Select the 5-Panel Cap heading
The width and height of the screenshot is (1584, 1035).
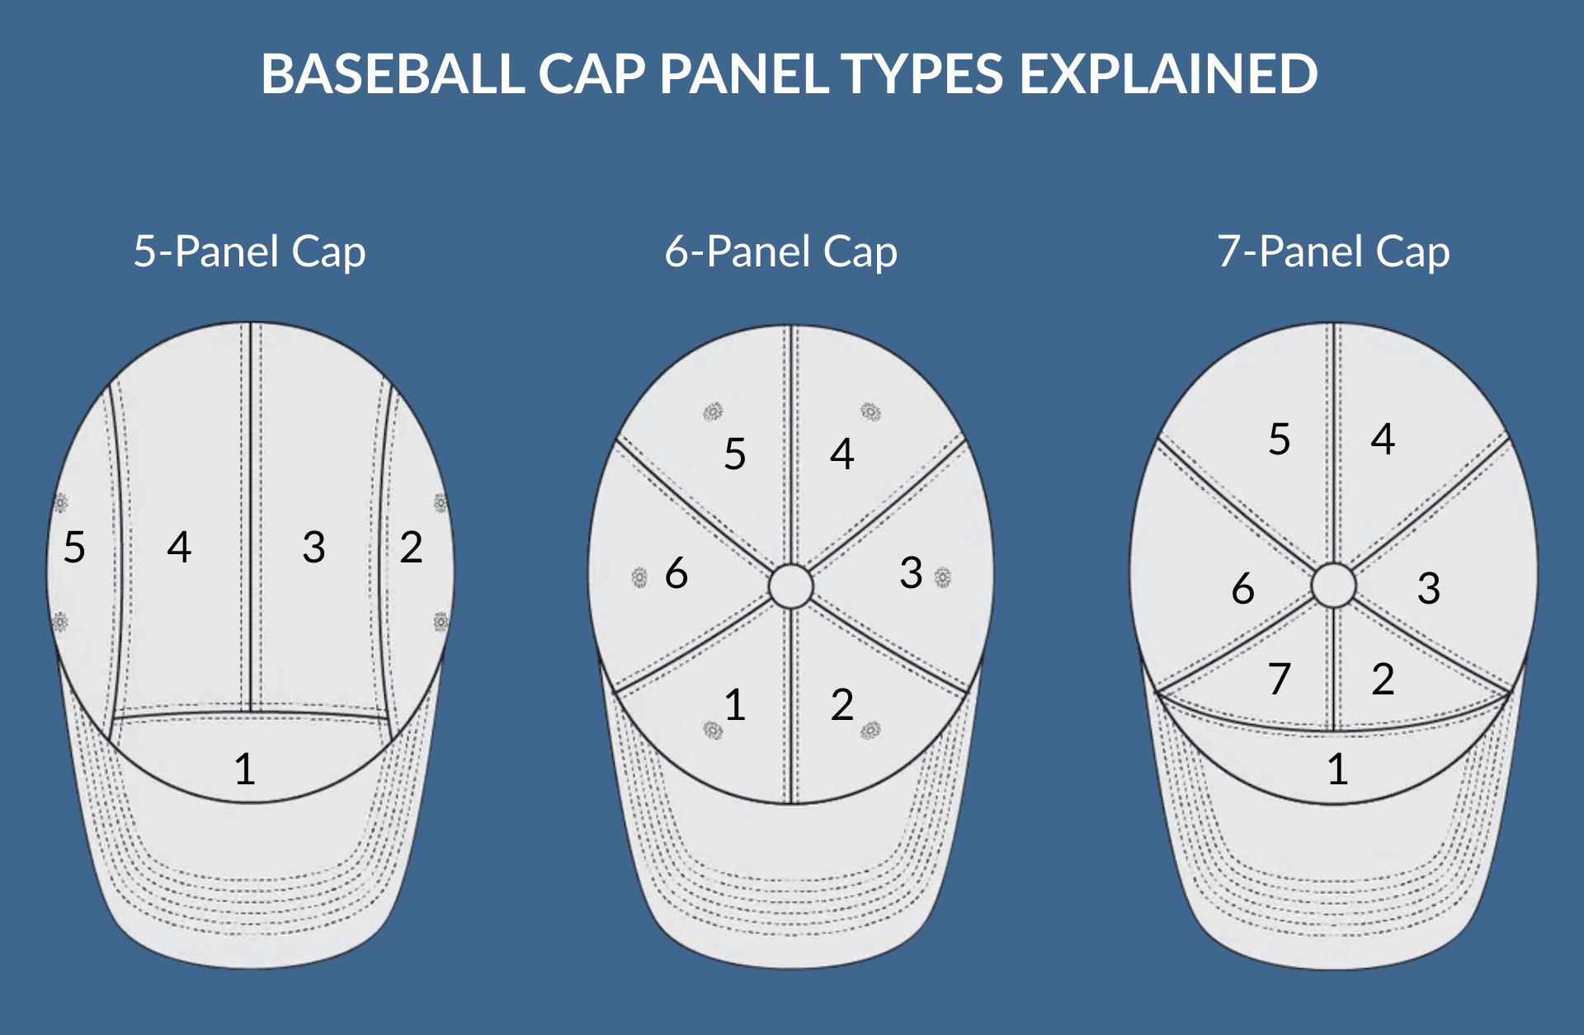point(249,252)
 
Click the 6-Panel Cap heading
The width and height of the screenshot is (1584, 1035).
point(780,252)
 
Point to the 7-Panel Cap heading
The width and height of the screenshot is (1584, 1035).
point(1333,252)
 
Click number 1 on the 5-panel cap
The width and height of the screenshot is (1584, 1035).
point(244,769)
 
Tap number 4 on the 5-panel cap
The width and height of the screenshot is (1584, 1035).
point(179,547)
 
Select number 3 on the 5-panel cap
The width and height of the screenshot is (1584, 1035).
point(313,547)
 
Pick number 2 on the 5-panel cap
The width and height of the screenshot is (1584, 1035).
point(411,547)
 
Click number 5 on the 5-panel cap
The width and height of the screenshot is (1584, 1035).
point(74,547)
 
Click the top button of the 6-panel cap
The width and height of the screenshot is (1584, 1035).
point(791,586)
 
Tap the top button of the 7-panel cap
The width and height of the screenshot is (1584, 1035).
point(1333,586)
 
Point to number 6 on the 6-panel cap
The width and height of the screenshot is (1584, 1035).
point(676,572)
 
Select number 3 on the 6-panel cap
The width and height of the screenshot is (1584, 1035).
point(911,572)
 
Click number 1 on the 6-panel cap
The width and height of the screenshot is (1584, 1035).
point(735,705)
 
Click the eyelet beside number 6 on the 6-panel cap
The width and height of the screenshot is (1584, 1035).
point(639,577)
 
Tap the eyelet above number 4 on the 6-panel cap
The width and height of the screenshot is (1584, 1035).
point(870,411)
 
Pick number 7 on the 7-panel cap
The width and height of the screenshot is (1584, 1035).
point(1280,679)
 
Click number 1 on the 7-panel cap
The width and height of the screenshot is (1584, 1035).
point(1337,769)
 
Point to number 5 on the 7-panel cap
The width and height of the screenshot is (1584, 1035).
point(1280,439)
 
